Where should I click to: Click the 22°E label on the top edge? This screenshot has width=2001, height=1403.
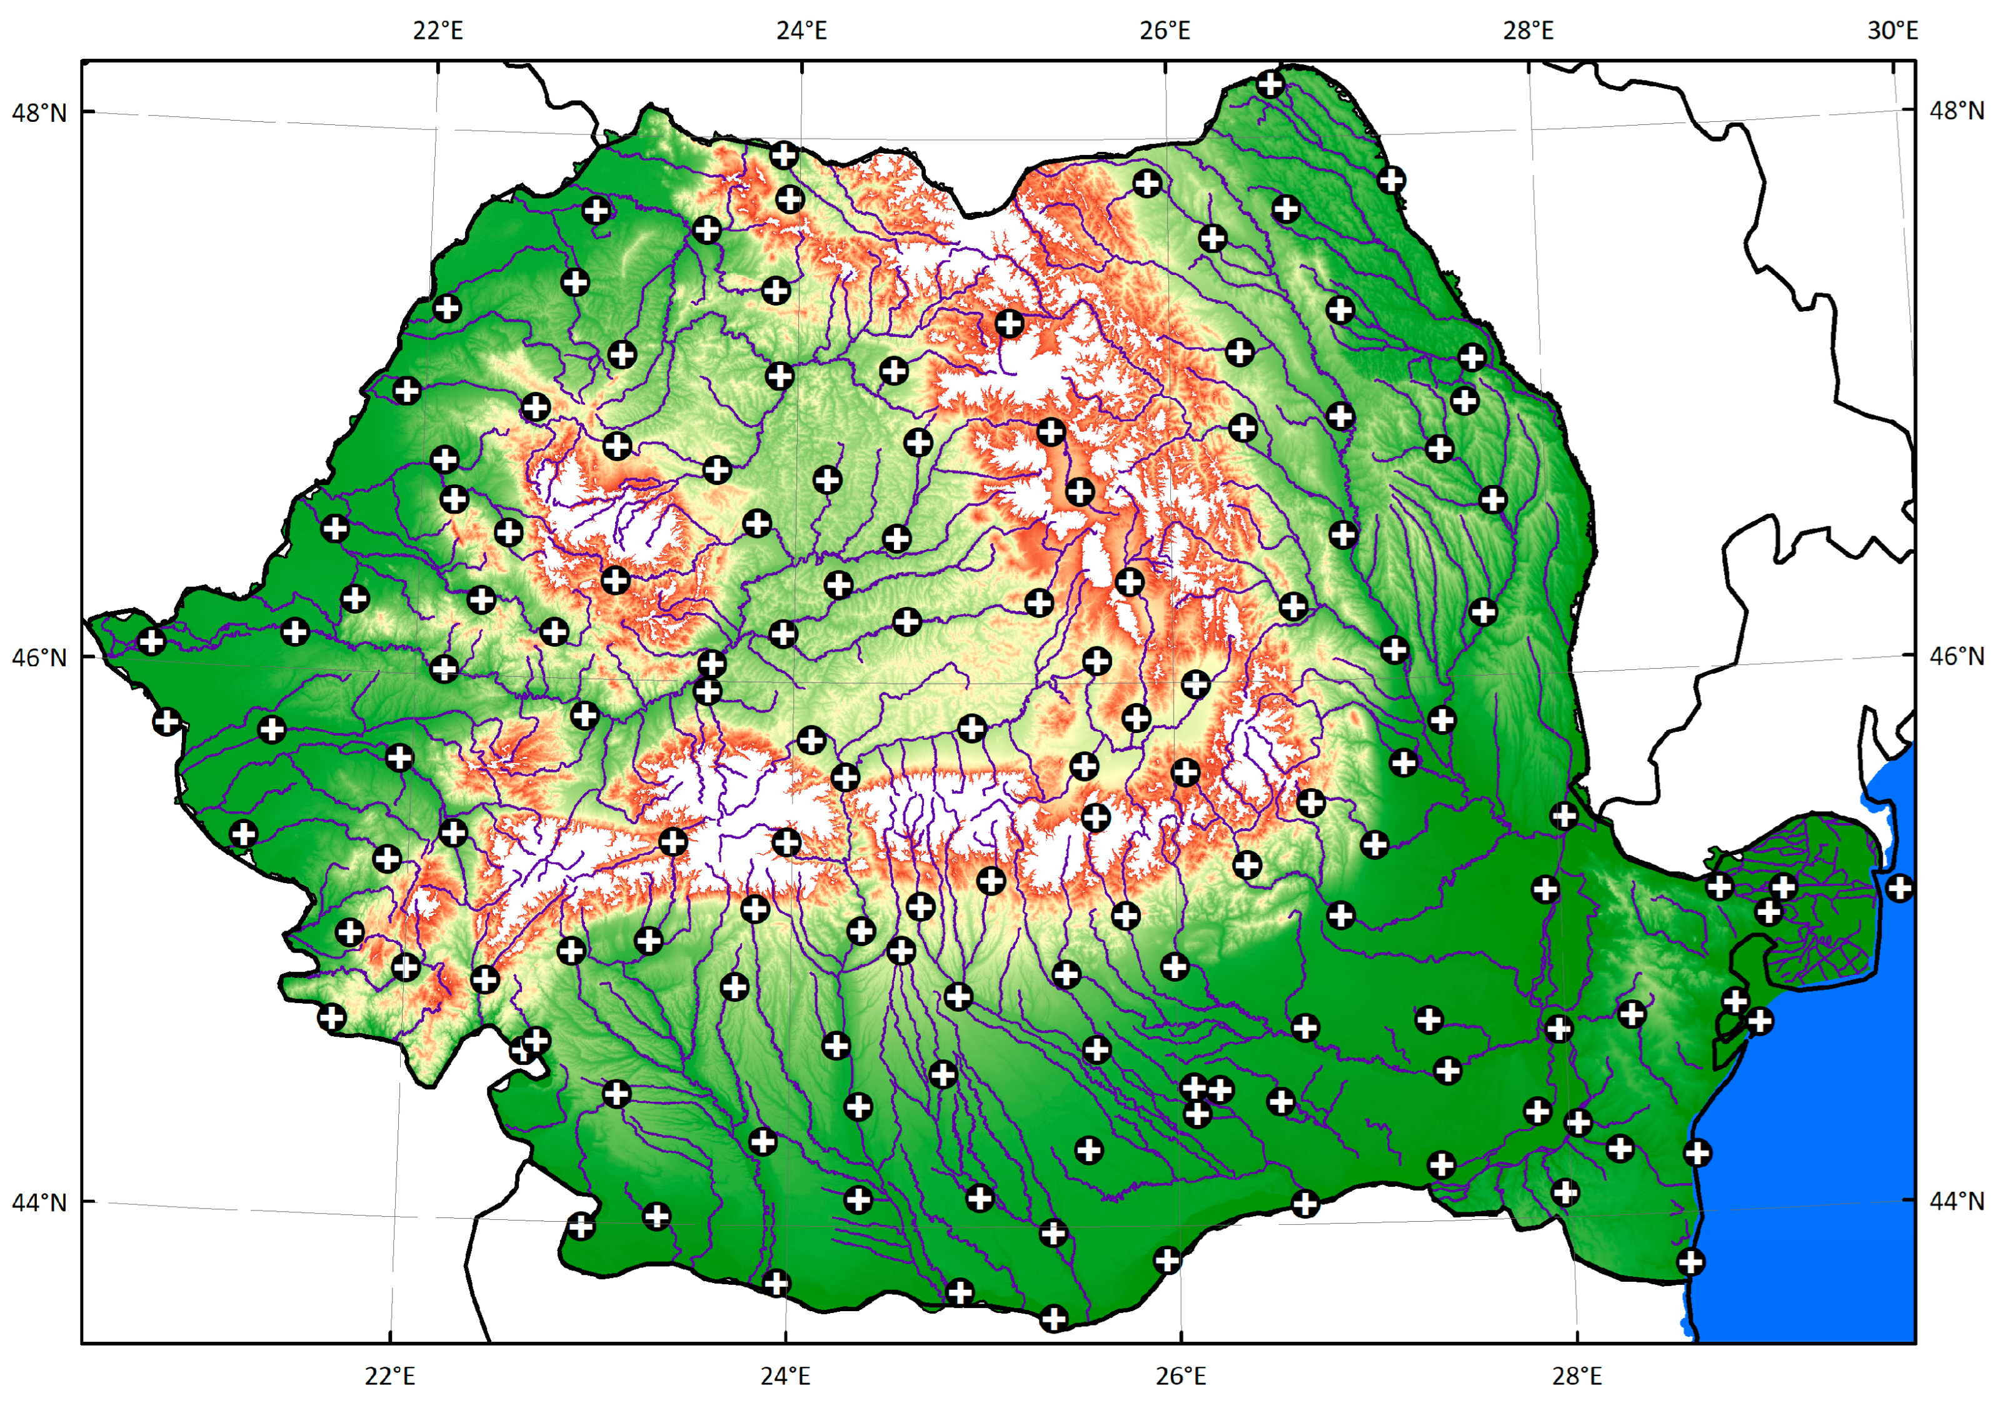point(438,31)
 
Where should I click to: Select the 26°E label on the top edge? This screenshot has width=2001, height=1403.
point(1165,31)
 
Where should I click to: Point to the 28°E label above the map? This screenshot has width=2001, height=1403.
point(1528,31)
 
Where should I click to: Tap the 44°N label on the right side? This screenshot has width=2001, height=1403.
point(1957,1201)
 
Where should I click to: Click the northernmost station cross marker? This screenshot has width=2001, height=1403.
point(1271,84)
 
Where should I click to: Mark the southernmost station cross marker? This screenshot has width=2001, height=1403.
point(1054,1319)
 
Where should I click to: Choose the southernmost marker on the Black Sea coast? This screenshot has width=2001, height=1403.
point(1691,1262)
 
